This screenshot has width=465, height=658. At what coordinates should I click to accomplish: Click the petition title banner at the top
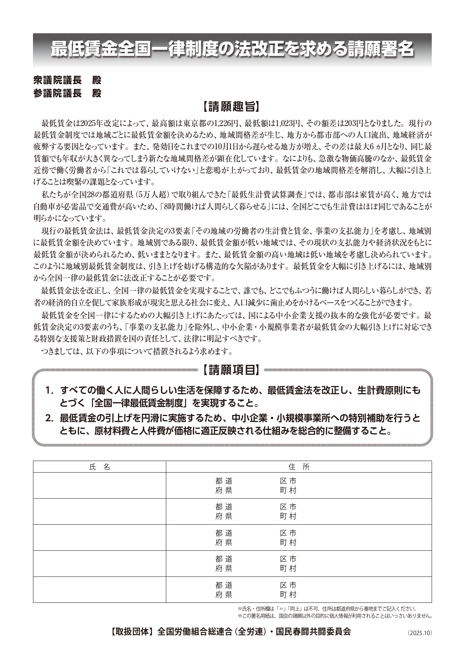(232, 49)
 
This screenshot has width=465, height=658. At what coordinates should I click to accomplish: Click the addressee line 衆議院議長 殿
(67, 80)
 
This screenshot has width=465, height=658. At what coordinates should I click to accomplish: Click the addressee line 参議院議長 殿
(67, 93)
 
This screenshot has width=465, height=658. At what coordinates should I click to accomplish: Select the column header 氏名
(100, 467)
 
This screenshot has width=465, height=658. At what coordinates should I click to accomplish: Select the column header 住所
(299, 467)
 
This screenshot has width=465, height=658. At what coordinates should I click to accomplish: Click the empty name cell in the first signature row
(100, 485)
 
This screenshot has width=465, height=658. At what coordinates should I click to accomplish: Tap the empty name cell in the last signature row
(100, 590)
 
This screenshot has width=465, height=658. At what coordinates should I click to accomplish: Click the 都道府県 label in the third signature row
(224, 538)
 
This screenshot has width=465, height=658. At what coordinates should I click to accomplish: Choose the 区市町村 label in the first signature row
(288, 485)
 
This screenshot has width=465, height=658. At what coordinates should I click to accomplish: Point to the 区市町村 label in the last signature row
(288, 590)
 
